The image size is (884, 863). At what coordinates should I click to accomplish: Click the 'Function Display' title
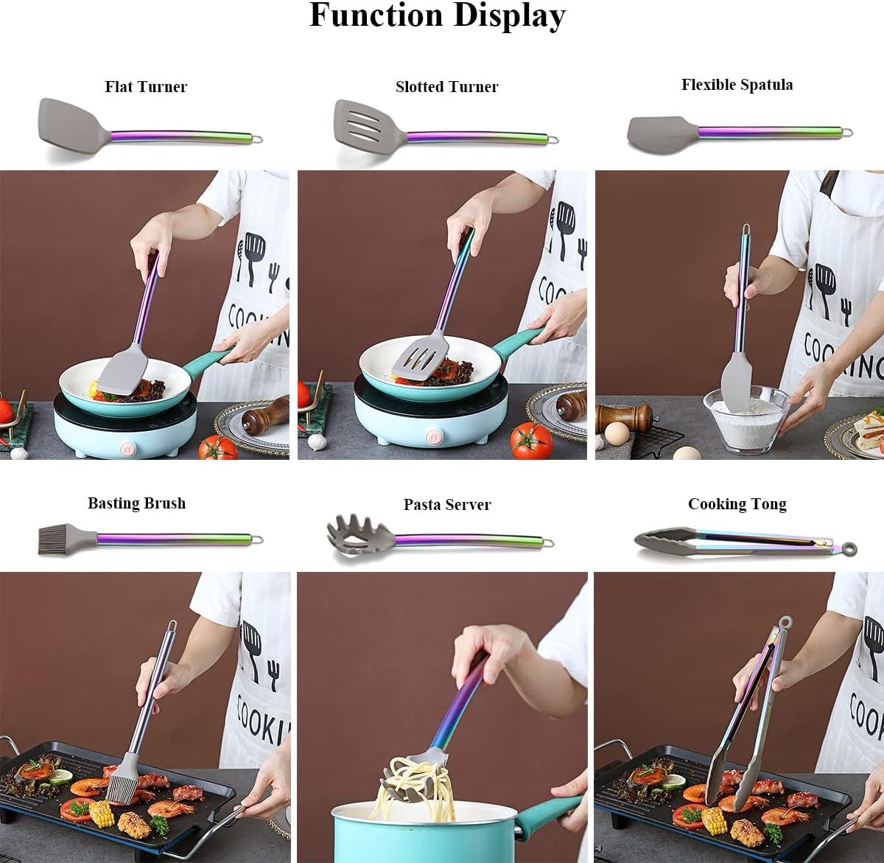(x=437, y=16)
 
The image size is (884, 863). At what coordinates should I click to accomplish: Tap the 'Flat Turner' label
(x=146, y=87)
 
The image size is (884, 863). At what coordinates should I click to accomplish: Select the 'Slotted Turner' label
(x=446, y=87)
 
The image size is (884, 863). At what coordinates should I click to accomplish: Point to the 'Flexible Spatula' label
(x=737, y=85)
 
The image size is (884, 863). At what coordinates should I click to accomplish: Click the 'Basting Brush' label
(x=136, y=503)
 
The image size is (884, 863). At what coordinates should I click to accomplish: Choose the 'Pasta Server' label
(x=446, y=505)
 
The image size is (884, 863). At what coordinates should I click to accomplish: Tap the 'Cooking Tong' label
(x=737, y=504)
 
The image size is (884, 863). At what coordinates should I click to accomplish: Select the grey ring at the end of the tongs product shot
(x=851, y=549)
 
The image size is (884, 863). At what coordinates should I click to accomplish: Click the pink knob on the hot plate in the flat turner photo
(x=127, y=447)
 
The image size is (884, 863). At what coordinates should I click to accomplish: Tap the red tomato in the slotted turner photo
(x=530, y=441)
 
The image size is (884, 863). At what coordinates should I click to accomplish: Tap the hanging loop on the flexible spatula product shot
(x=847, y=133)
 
